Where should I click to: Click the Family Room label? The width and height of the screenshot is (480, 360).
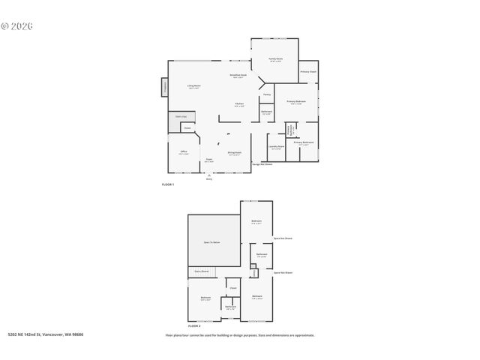276,59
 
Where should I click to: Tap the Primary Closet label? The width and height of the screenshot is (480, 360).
308,72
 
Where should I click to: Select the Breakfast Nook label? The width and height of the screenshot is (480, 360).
238,76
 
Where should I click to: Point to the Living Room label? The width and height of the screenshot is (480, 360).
193,87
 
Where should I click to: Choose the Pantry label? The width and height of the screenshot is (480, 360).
266,94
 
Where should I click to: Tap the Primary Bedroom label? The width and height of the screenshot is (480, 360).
295,102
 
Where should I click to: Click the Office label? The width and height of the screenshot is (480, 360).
183,152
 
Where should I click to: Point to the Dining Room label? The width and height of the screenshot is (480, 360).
235,153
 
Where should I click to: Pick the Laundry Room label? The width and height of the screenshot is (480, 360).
276,147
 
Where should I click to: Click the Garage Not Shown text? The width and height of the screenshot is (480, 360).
262,163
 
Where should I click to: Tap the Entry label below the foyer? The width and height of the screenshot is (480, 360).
209,179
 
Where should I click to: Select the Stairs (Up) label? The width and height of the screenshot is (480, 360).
181,116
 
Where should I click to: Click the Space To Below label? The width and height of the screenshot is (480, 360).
212,242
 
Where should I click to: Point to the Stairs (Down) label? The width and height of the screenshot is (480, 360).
202,271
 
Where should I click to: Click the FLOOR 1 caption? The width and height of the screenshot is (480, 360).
168,184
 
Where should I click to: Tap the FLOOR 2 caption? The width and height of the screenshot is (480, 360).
194,326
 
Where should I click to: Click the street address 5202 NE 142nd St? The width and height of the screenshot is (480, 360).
45,334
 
